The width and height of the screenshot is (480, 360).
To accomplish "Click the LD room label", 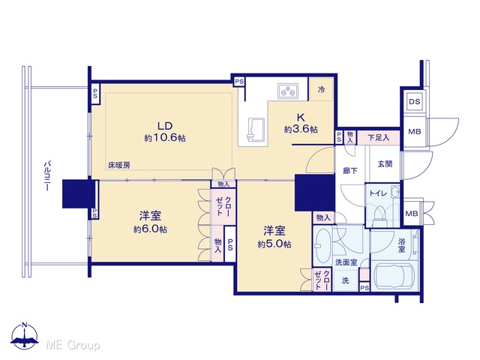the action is [x=165, y=125].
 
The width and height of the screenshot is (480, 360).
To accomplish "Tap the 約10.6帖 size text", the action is [x=165, y=138].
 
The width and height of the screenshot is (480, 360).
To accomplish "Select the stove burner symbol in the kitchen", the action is [x=288, y=91].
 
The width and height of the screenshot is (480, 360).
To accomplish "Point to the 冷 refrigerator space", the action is [x=321, y=89].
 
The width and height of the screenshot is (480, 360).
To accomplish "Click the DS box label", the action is [x=415, y=101].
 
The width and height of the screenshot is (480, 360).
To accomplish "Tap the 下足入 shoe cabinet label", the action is [x=379, y=138].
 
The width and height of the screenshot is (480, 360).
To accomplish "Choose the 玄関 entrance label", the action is [x=385, y=164].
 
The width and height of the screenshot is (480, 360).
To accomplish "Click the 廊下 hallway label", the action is [x=350, y=170].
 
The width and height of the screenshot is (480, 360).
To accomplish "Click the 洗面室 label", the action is [x=346, y=262].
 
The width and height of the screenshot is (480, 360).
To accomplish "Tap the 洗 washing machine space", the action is [x=345, y=280].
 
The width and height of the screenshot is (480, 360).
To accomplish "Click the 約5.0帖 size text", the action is [x=274, y=244].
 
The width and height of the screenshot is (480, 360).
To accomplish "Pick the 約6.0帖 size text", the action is [x=150, y=229].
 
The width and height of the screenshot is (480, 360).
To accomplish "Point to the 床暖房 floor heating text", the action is [x=119, y=165].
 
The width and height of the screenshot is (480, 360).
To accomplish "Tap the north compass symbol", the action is [x=25, y=336].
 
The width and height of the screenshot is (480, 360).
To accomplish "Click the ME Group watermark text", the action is [x=73, y=345].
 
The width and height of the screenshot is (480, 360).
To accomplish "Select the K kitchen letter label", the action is [x=301, y=118].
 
